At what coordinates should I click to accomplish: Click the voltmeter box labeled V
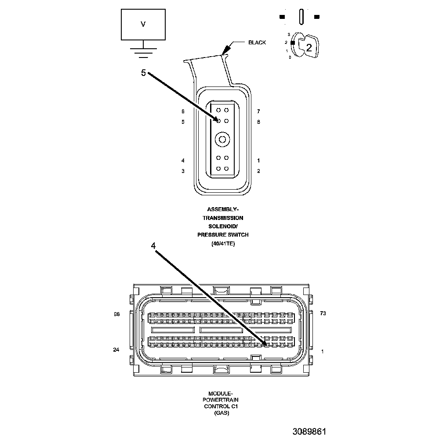click(143, 25)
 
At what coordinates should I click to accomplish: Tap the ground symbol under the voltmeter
click(143, 52)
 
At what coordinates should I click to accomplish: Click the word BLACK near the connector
click(257, 43)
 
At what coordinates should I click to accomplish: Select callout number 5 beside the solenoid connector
click(143, 73)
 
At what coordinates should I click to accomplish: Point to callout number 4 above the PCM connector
click(153, 246)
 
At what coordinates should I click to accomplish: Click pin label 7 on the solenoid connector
click(258, 112)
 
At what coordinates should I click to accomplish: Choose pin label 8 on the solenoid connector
click(258, 122)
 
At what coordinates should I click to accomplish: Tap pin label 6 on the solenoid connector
click(183, 112)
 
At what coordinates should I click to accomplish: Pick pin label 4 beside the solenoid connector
click(183, 161)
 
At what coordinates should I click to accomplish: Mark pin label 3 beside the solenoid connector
click(183, 171)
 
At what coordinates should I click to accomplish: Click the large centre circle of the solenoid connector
click(222, 140)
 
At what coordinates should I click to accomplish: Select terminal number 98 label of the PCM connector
click(116, 314)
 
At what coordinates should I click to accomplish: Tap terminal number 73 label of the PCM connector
click(323, 314)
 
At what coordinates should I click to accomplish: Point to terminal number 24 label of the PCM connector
click(116, 350)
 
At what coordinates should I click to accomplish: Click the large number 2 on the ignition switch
click(309, 48)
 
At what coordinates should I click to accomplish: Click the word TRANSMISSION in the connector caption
click(223, 218)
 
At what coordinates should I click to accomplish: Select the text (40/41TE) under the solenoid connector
click(223, 244)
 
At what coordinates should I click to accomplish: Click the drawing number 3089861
click(309, 432)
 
